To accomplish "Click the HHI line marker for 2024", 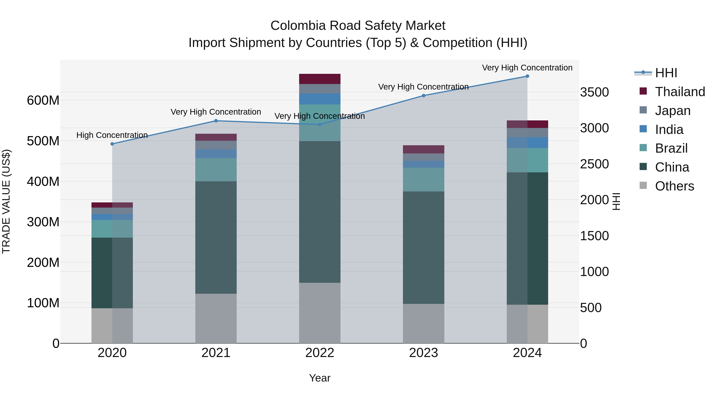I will click(x=527, y=76).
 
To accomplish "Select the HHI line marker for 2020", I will click(x=112, y=144).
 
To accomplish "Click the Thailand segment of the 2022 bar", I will click(x=320, y=79).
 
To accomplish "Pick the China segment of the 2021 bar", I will click(x=216, y=237).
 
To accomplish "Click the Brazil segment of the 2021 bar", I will click(x=216, y=170).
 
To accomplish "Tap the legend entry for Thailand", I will click(x=680, y=92).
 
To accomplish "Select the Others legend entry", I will click(x=674, y=186).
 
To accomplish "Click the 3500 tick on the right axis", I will click(x=594, y=92).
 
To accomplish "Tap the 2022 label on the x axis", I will click(x=320, y=353).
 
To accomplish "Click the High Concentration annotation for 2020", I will click(x=112, y=135).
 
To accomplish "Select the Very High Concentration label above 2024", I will click(x=527, y=68).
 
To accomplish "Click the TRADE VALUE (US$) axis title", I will click(x=6, y=201).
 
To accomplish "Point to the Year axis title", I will click(x=320, y=378).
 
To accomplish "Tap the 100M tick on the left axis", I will click(x=43, y=303).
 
